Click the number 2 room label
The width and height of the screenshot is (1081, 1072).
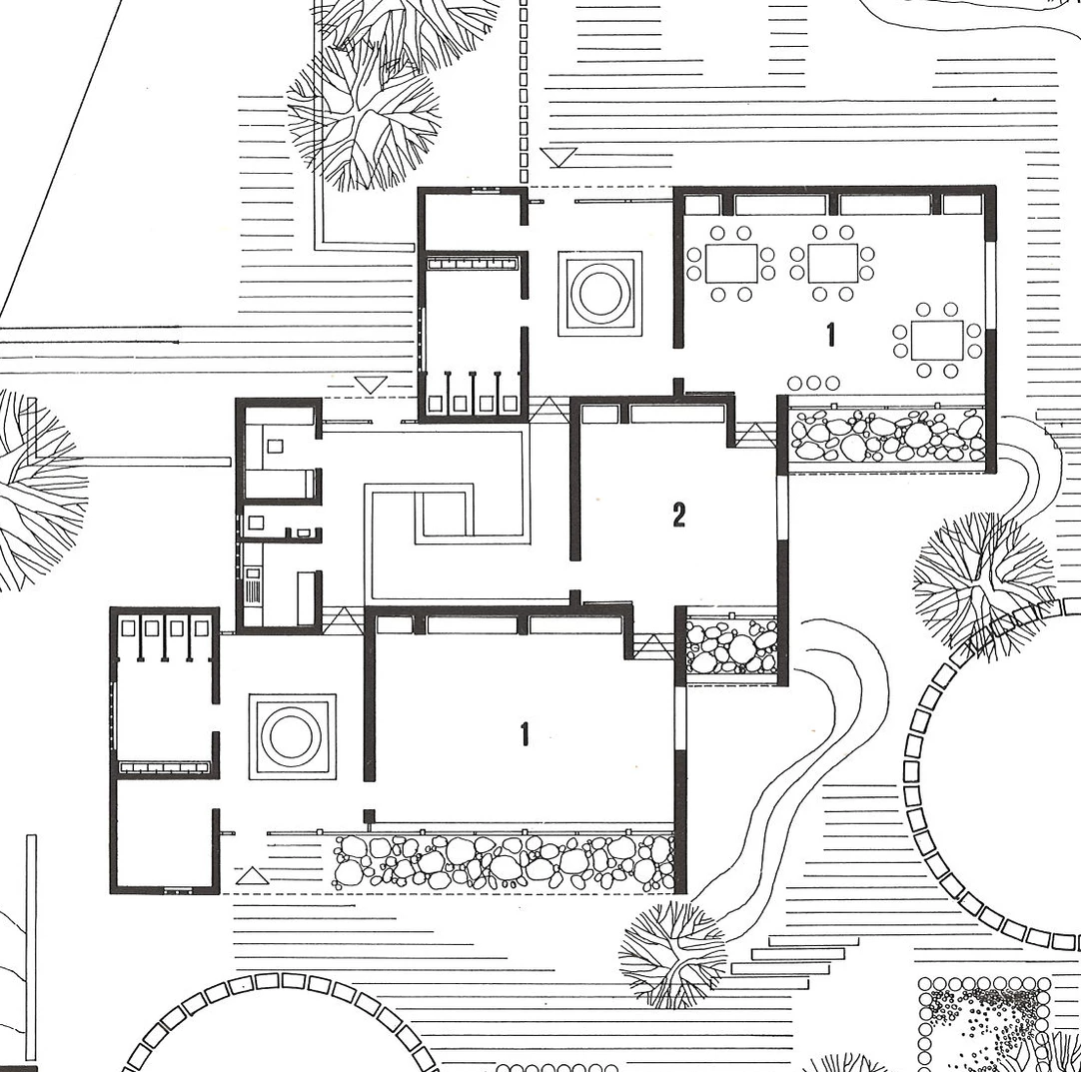679,515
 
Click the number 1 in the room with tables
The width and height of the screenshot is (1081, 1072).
831,335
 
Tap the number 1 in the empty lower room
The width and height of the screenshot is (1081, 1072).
525,734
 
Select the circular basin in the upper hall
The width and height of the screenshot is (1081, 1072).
599,294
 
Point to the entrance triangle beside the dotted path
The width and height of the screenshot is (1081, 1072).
557,157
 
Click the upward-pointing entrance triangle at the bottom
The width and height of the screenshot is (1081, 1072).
253,876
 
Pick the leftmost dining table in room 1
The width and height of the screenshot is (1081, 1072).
731,263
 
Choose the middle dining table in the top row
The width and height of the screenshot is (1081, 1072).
833,263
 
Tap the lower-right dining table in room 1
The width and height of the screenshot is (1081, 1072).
937,340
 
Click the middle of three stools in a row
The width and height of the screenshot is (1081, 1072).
813,383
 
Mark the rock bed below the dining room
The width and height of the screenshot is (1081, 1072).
888,435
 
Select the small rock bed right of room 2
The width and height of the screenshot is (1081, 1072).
732,646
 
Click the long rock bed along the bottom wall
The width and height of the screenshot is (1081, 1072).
504,862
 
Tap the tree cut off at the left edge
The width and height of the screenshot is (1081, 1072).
38,490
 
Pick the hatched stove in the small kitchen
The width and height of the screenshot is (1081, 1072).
253,587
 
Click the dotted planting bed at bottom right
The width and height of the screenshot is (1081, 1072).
987,1024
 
